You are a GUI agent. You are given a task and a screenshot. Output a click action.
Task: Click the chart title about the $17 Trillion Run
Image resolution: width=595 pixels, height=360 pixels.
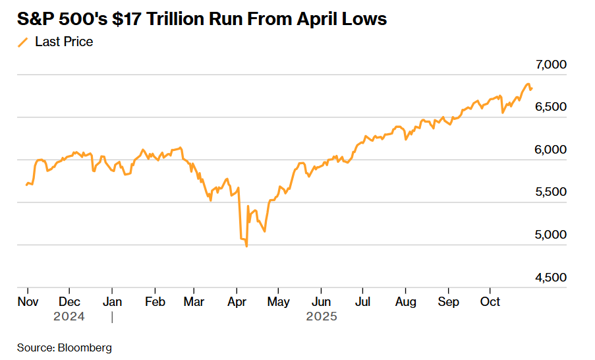click(x=202, y=19)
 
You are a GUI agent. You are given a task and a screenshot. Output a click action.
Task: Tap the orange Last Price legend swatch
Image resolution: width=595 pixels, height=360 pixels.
click(x=23, y=42)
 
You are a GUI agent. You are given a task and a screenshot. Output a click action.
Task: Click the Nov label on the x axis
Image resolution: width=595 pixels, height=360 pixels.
click(x=28, y=301)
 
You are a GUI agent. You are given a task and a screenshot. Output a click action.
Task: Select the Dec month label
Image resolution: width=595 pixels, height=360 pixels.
click(x=69, y=301)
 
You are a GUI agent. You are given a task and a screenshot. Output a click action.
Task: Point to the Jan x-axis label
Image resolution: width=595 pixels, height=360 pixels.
click(x=112, y=301)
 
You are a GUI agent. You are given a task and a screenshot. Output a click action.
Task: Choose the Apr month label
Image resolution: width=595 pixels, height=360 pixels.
click(x=236, y=301)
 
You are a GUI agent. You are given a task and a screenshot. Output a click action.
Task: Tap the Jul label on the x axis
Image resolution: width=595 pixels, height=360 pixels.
click(x=362, y=301)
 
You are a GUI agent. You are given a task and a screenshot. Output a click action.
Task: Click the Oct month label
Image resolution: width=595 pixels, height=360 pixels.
click(x=490, y=301)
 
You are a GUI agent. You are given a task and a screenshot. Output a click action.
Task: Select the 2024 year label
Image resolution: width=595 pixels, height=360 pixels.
click(x=69, y=316)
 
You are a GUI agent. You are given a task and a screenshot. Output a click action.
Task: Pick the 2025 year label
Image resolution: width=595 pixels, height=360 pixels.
click(x=322, y=316)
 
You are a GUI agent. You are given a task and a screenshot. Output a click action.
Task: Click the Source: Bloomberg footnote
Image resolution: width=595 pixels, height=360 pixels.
click(x=65, y=347)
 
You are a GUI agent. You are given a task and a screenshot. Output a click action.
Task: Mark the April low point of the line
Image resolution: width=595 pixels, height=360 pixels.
click(x=246, y=247)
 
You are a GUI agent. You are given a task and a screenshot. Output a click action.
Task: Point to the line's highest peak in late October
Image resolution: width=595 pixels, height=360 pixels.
click(x=528, y=84)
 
